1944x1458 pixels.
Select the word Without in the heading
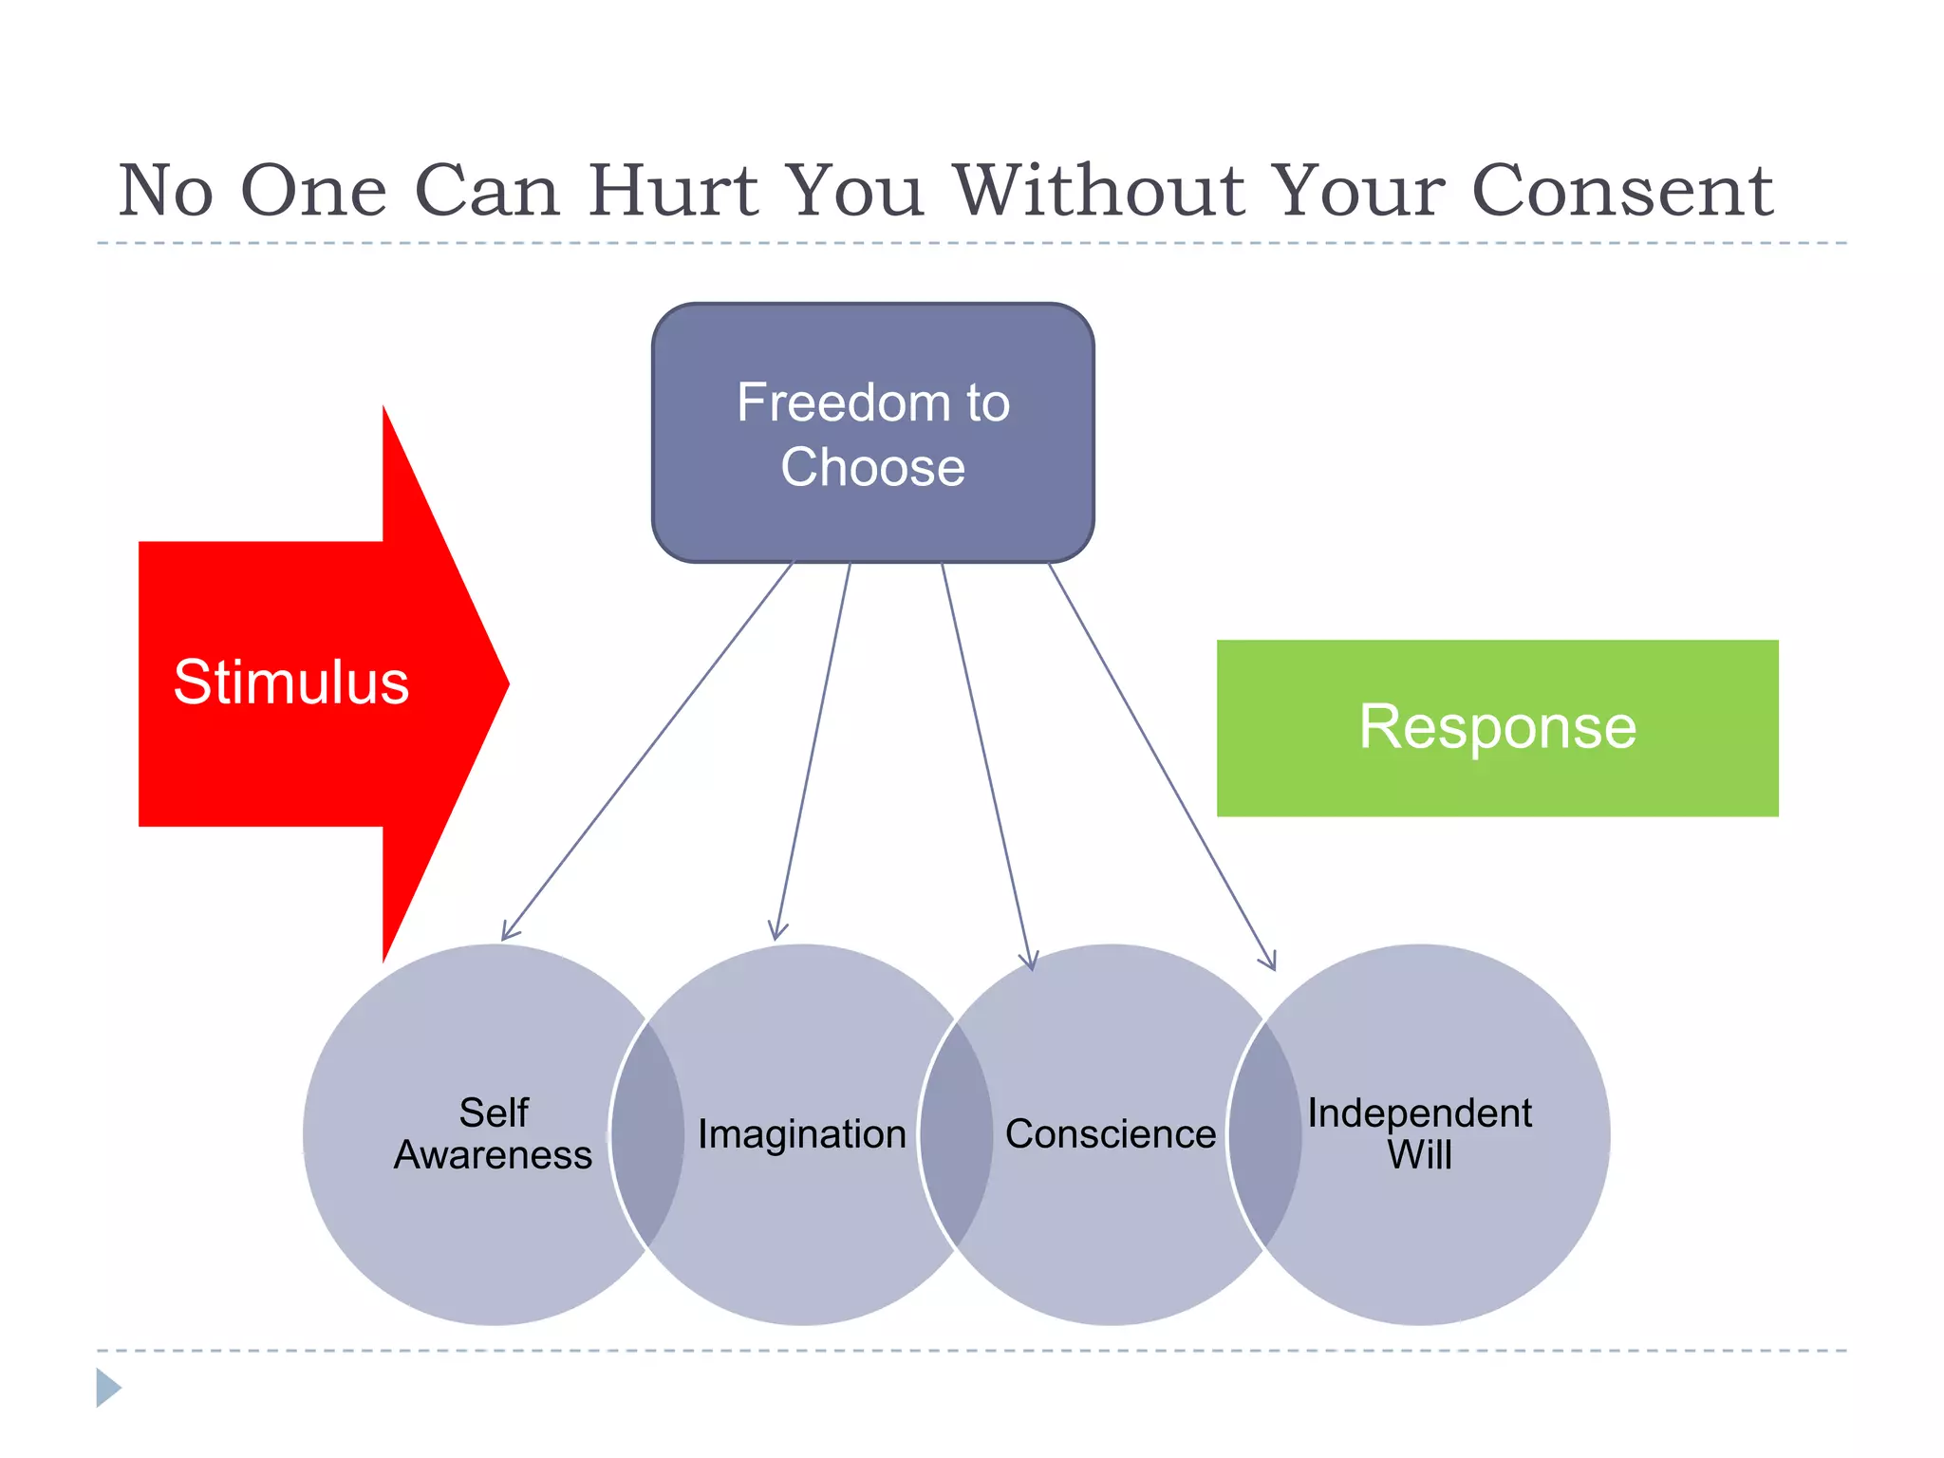pos(1098,191)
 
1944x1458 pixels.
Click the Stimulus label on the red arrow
pos(290,682)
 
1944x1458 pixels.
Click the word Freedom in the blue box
pos(832,402)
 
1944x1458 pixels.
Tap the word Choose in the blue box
pos(872,467)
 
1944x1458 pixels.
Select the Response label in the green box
pos(1497,727)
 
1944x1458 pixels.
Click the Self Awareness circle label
pos(493,1133)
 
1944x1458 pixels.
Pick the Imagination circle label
pos(802,1134)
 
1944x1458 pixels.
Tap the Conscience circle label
pos(1110,1134)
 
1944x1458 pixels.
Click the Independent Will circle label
pos(1419,1133)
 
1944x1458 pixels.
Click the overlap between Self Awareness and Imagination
pos(648,1134)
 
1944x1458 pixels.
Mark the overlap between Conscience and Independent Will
pos(1264,1134)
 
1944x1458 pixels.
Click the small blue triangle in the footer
pos(107,1387)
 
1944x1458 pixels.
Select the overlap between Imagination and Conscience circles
pos(957,1134)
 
